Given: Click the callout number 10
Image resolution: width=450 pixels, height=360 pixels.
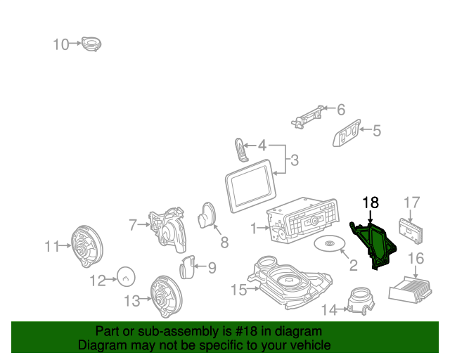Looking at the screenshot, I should [61, 44].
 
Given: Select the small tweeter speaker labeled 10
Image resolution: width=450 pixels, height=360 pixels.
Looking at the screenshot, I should [91, 44].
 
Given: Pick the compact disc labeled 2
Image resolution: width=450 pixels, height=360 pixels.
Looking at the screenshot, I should [328, 244].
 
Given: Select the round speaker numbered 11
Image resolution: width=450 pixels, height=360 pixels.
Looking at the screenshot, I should [87, 245].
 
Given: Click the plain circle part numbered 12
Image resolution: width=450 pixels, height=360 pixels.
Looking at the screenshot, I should [127, 278].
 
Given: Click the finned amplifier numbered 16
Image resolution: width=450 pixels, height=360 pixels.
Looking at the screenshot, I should [414, 287].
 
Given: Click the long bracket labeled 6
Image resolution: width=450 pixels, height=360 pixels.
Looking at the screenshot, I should [309, 115].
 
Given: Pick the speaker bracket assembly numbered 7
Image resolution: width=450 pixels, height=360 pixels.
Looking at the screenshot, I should [167, 228].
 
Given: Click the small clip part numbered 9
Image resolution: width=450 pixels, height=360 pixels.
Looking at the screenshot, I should [187, 266].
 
